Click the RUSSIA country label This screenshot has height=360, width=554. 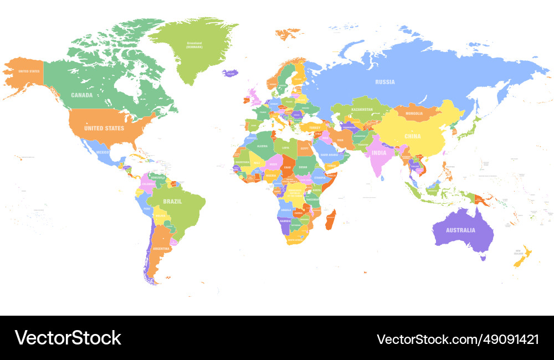[x=385, y=82]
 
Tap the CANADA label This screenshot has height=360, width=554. [x=81, y=95]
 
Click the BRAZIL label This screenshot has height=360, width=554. [x=172, y=202]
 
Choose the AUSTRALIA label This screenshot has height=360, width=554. [x=461, y=230]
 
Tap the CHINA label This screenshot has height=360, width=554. [x=412, y=136]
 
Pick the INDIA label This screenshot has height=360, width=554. [x=379, y=153]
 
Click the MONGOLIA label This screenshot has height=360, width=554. [x=414, y=114]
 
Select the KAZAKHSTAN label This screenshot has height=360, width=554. [x=362, y=110]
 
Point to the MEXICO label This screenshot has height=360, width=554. [x=102, y=152]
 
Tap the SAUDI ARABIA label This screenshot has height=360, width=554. [x=329, y=155]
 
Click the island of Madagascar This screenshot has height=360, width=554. [x=330, y=220]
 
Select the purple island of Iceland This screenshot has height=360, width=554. [x=230, y=73]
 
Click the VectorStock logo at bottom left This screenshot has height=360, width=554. [x=68, y=338]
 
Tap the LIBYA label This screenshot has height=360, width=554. [x=286, y=147]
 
